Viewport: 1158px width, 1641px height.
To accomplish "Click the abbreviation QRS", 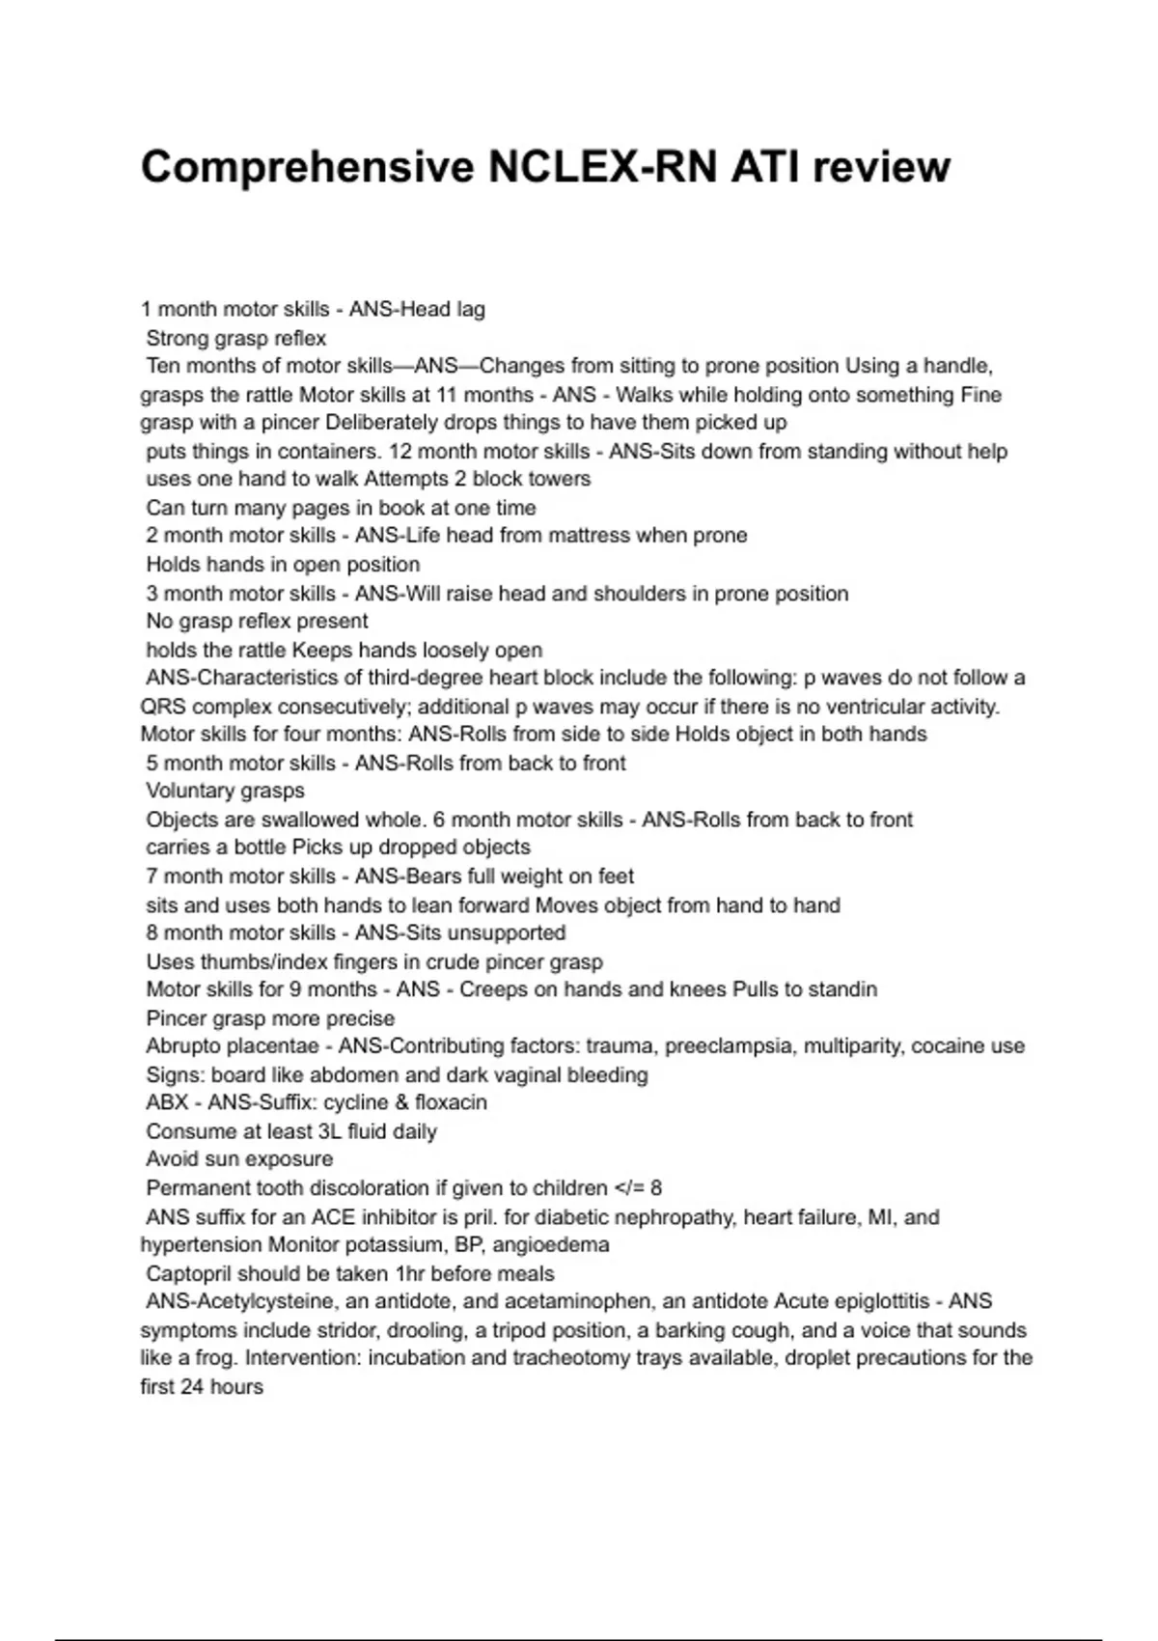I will click(x=163, y=707).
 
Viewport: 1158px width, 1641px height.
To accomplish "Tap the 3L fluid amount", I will click(x=329, y=1131).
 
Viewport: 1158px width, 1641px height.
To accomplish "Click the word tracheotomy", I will click(x=641, y=1358).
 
